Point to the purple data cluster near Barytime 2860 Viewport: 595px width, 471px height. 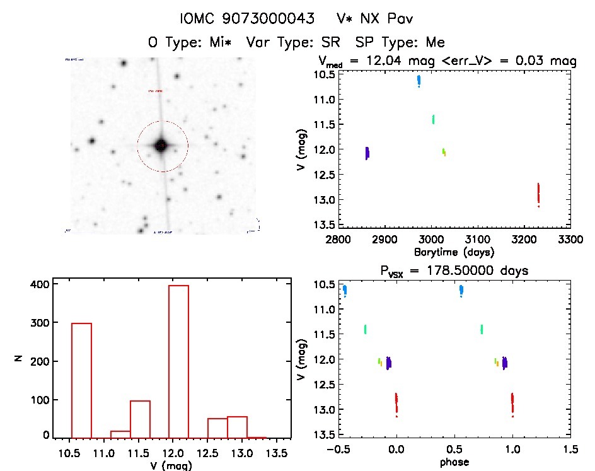pos(367,153)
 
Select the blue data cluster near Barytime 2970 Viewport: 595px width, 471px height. pos(419,81)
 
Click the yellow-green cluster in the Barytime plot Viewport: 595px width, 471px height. pos(444,151)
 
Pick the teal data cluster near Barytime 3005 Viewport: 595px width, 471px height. pos(433,119)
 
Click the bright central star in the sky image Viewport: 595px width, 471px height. pos(161,146)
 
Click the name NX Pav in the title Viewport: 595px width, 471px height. pos(377,19)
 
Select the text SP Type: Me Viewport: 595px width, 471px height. pos(400,42)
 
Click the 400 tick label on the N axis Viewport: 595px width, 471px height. pos(40,284)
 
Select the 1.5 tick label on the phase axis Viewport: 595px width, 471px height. pos(570,450)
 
